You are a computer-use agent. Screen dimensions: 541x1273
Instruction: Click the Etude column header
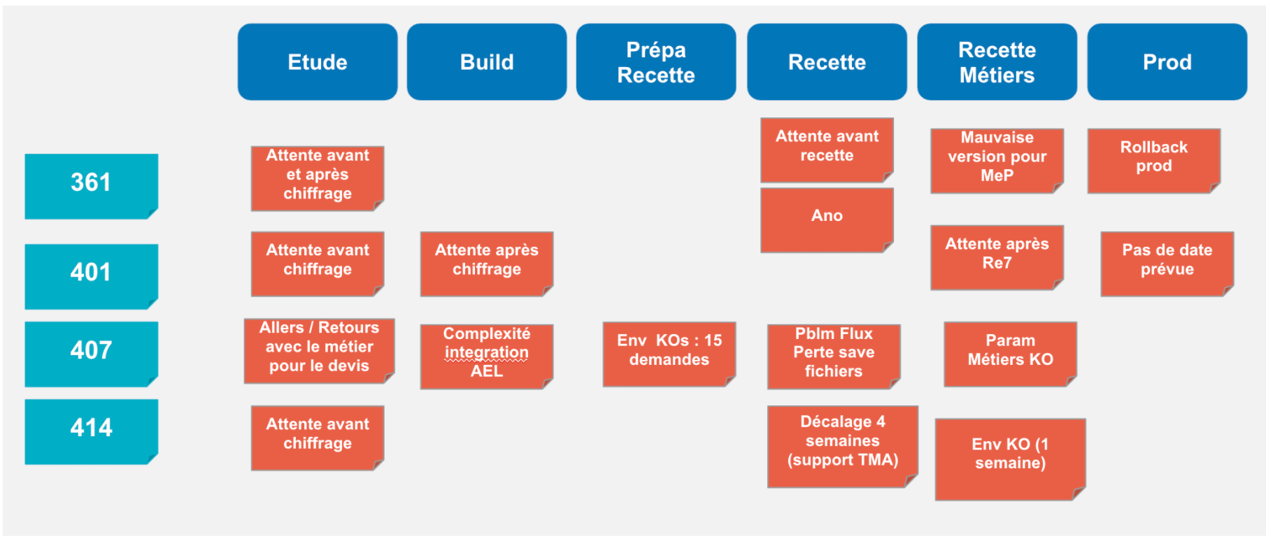click(318, 62)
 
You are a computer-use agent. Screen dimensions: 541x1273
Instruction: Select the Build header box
click(487, 62)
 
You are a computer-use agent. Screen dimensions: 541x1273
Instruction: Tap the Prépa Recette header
click(656, 62)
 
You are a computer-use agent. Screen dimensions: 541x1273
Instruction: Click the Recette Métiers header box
click(997, 62)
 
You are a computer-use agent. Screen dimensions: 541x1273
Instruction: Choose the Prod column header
click(1167, 62)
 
